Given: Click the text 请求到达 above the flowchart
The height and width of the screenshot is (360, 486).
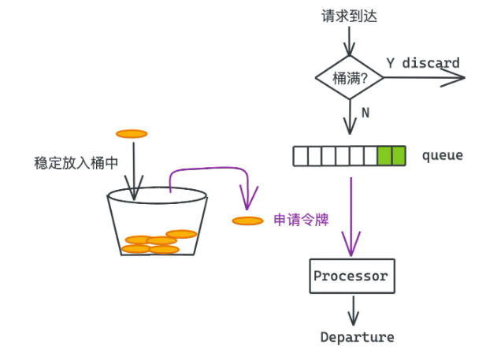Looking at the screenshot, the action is point(349,16).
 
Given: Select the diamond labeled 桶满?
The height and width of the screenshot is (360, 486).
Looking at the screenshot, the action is point(349,77).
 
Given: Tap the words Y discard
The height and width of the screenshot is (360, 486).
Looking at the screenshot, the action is point(423,63).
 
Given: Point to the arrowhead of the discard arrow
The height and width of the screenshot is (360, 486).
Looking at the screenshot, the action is point(465,77).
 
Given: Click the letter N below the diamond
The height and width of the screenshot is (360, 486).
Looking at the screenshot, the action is point(365,113).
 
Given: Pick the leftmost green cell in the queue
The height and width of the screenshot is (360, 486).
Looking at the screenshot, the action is point(384,156).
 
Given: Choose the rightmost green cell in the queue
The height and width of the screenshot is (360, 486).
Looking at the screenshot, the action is point(399,156).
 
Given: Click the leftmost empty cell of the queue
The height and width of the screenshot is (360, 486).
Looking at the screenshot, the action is point(301,156).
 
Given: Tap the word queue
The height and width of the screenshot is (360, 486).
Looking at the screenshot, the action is point(443,156).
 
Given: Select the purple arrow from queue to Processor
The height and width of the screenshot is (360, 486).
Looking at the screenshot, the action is point(351,217).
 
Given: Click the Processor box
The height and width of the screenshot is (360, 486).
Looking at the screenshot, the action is point(352,276).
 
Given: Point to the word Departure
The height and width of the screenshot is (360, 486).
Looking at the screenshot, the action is point(358,337).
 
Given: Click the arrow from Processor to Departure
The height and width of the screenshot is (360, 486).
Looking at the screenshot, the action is point(354,310).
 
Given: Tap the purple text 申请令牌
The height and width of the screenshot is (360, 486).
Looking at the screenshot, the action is point(301,220).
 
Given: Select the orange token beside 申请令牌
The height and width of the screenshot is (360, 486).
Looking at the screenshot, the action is point(247,221).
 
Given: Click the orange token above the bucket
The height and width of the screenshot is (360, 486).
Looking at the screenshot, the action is point(132,134).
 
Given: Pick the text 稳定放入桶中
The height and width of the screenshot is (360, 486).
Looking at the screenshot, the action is point(76,163).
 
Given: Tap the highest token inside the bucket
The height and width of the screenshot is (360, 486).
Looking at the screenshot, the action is point(181,234).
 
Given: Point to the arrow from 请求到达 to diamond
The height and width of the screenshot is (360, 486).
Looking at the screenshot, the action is point(349,41).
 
